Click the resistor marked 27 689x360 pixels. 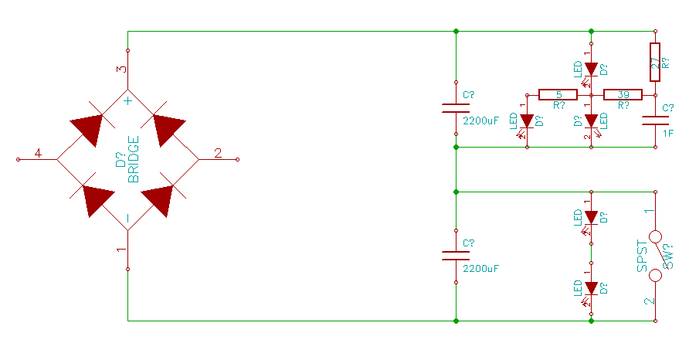655,63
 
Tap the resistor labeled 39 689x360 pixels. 623,94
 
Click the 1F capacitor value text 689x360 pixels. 668,134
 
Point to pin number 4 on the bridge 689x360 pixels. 37,153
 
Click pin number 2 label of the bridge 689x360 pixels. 218,153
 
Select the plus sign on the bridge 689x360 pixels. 128,100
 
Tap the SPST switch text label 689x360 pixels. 642,256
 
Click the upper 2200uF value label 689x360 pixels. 481,121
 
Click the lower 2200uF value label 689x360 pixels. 481,269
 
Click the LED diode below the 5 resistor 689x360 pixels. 527,121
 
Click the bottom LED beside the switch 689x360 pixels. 591,288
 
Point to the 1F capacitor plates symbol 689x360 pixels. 655,121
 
